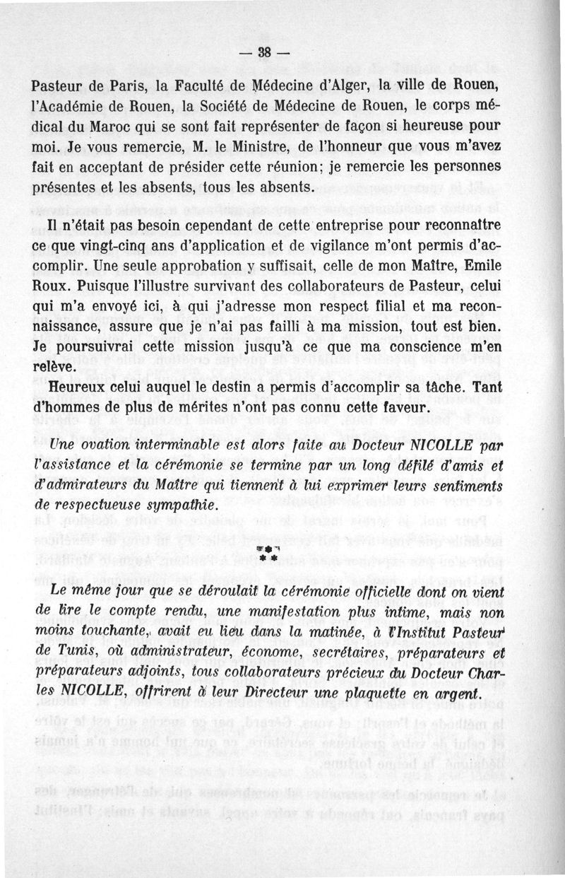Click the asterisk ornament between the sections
coord(282,555)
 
